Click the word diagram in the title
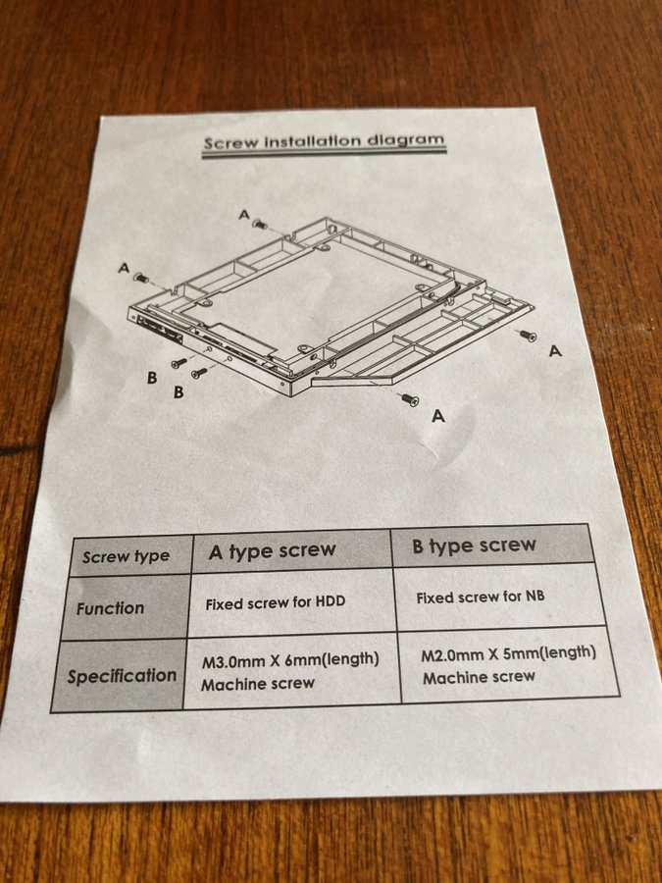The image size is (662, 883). pyautogui.click(x=405, y=138)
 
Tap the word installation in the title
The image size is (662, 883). pyautogui.click(x=313, y=140)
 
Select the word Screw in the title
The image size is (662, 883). pyautogui.click(x=230, y=142)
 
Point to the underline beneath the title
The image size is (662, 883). pyautogui.click(x=325, y=153)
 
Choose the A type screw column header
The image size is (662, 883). pyautogui.click(x=291, y=550)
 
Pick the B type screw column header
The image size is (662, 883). pyautogui.click(x=492, y=545)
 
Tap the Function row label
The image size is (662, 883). pyautogui.click(x=124, y=607)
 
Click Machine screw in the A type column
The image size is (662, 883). pyautogui.click(x=258, y=684)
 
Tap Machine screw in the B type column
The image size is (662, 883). pyautogui.click(x=479, y=677)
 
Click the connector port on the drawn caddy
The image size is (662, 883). pyautogui.click(x=160, y=330)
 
